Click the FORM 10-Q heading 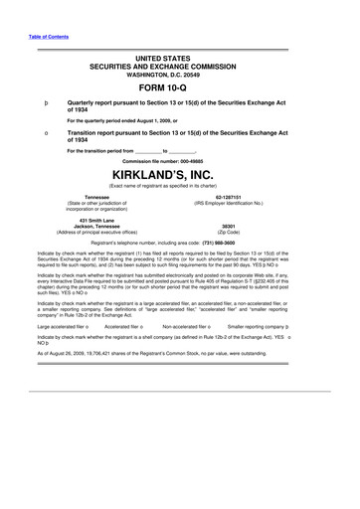181,86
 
